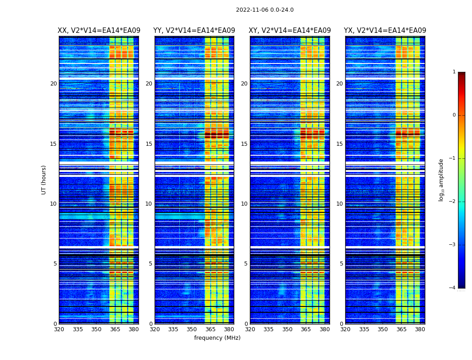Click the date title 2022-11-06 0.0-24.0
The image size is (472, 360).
click(265, 10)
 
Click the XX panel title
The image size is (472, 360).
click(99, 31)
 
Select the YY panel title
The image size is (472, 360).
click(194, 31)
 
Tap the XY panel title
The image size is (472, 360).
click(290, 31)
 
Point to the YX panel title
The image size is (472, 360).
click(385, 31)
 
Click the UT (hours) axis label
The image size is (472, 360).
click(44, 180)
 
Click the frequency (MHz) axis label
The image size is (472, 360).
click(217, 338)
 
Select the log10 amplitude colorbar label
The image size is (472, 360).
click(441, 180)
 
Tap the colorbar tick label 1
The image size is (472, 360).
click(454, 72)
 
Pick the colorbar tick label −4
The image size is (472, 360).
click(453, 288)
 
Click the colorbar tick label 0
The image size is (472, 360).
click(454, 115)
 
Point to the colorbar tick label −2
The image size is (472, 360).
click(453, 202)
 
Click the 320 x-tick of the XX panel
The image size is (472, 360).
click(59, 329)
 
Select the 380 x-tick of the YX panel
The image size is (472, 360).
click(420, 329)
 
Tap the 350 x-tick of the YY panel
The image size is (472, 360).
click(192, 329)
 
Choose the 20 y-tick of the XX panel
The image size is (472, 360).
click(53, 84)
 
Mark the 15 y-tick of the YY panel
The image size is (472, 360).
click(149, 144)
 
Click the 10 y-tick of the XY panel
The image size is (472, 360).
click(244, 204)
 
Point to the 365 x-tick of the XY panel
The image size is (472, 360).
click(306, 329)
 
